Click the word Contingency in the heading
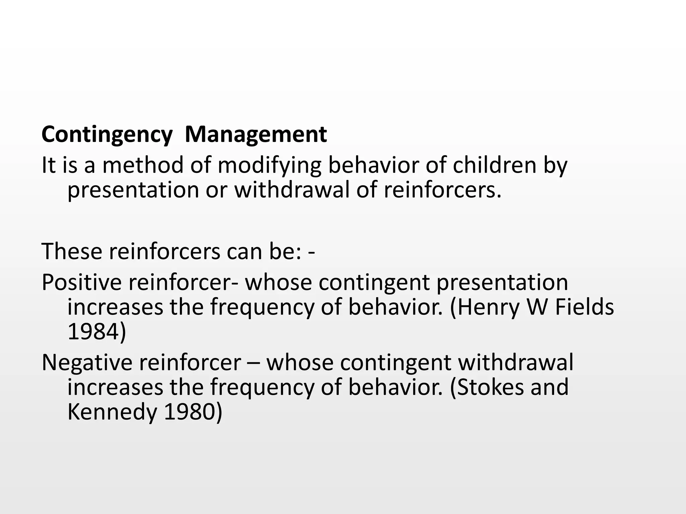click(107, 135)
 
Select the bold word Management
click(256, 135)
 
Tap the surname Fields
click(584, 307)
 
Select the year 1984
click(97, 332)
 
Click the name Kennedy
click(112, 412)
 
